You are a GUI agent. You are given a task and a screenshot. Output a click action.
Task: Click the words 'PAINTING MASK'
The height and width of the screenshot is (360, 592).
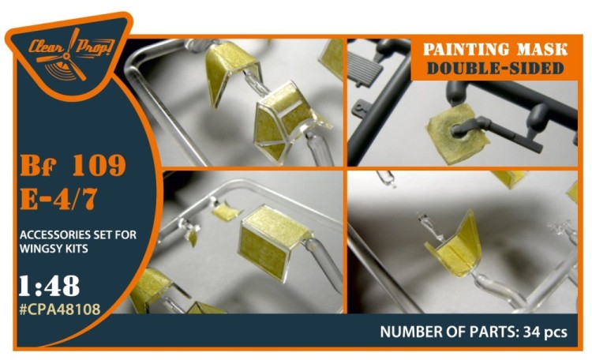[x=494, y=50]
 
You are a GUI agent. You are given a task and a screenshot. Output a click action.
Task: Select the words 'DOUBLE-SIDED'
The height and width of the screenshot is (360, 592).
[x=494, y=69]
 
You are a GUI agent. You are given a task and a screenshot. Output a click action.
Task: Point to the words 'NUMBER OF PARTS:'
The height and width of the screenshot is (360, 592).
[x=446, y=332]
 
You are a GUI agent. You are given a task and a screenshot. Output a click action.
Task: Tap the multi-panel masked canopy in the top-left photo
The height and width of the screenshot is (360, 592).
[x=285, y=122]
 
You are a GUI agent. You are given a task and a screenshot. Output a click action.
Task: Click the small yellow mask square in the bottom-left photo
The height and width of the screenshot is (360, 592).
[x=224, y=212]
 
